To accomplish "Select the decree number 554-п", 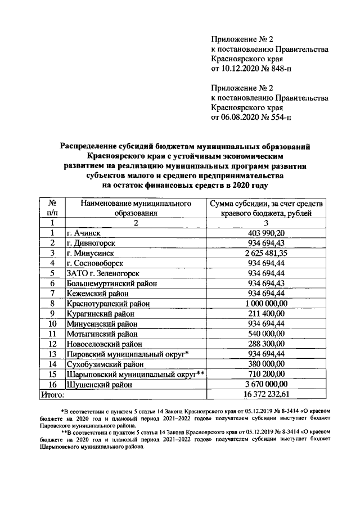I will click(280, 118).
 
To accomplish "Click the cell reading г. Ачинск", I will click(85, 233).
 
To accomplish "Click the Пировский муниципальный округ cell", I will click(127, 354).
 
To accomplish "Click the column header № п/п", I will click(52, 208).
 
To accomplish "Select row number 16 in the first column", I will click(52, 385).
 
